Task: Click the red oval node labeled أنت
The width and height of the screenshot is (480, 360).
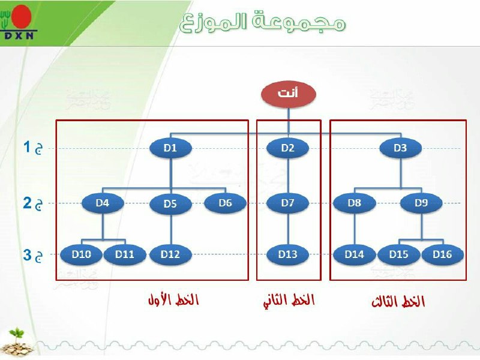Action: [289, 94]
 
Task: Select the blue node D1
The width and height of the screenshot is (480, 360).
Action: [170, 148]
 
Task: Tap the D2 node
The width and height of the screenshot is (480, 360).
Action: [288, 148]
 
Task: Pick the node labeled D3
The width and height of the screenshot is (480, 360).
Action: [400, 148]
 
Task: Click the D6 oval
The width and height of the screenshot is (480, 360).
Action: [226, 203]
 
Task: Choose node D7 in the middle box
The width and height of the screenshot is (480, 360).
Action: [288, 203]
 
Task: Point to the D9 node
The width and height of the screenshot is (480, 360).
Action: [421, 203]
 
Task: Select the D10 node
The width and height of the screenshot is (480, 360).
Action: [82, 254]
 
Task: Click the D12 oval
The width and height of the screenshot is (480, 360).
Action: [170, 254]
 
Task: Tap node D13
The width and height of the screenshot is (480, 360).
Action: [288, 254]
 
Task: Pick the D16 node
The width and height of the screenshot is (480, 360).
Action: [442, 254]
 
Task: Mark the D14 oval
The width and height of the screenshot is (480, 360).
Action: [355, 254]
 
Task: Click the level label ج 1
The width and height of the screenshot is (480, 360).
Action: [33, 148]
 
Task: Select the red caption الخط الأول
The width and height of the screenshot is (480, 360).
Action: [173, 299]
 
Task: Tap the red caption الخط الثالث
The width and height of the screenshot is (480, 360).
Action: [398, 301]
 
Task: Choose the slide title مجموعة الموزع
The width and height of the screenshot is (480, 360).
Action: [263, 22]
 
